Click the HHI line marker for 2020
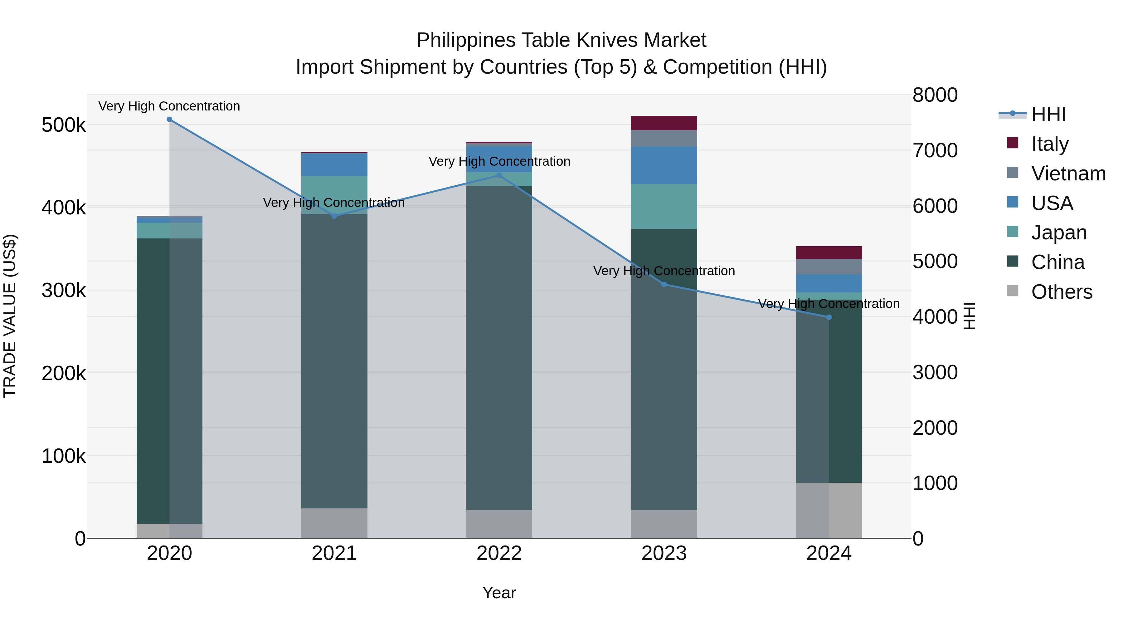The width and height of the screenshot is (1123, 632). coord(170,120)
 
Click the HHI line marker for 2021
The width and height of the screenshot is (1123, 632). coord(334,216)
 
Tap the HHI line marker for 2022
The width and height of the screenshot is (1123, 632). coord(499,176)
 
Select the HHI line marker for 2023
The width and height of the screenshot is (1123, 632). coord(664,284)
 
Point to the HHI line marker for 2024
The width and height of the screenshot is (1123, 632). coord(829,317)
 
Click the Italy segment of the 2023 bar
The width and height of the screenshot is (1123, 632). coord(664,123)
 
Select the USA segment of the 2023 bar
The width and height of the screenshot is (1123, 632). coord(664,165)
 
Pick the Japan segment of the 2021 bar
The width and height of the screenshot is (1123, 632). coord(334,195)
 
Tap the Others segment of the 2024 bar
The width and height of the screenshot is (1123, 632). coord(829,510)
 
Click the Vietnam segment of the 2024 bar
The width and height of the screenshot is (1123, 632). coord(829,267)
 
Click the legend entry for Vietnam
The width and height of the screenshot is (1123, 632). coord(1068,174)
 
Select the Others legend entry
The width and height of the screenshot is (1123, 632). coord(1061,292)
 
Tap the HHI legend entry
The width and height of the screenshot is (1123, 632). coord(1048,114)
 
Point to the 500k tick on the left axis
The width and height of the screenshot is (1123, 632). coord(64,125)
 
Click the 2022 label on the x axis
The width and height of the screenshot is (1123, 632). coord(499,553)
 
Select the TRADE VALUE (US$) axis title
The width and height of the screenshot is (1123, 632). coord(10,316)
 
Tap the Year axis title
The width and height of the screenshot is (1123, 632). coord(499,593)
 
